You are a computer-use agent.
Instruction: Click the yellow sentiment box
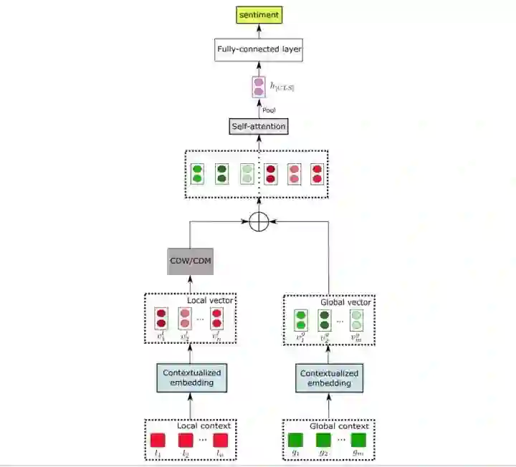[259, 14]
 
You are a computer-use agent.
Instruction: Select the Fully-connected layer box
[259, 51]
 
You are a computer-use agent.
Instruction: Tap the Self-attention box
[259, 127]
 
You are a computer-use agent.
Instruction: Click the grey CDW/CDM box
[190, 261]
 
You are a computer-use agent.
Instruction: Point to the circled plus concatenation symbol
[259, 222]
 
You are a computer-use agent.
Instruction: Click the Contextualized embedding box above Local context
[191, 377]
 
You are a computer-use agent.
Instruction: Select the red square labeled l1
[158, 440]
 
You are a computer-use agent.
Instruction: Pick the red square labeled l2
[186, 440]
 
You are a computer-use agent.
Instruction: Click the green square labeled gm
[358, 440]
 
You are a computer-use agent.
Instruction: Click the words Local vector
[211, 300]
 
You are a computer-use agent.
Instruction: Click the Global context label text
[339, 425]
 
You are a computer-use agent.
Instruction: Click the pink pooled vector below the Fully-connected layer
[259, 87]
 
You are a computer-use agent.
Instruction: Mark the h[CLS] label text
[281, 87]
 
